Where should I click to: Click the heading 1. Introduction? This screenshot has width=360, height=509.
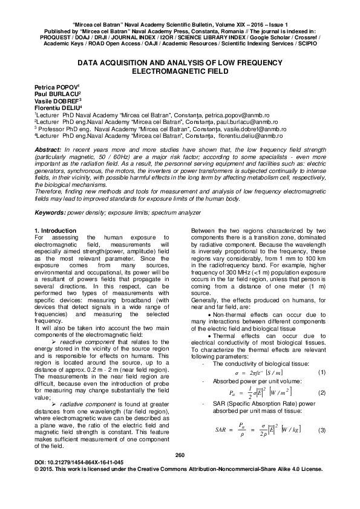click(55, 230)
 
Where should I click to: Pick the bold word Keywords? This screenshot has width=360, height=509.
click(49, 214)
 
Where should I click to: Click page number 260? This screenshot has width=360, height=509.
click(179, 472)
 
